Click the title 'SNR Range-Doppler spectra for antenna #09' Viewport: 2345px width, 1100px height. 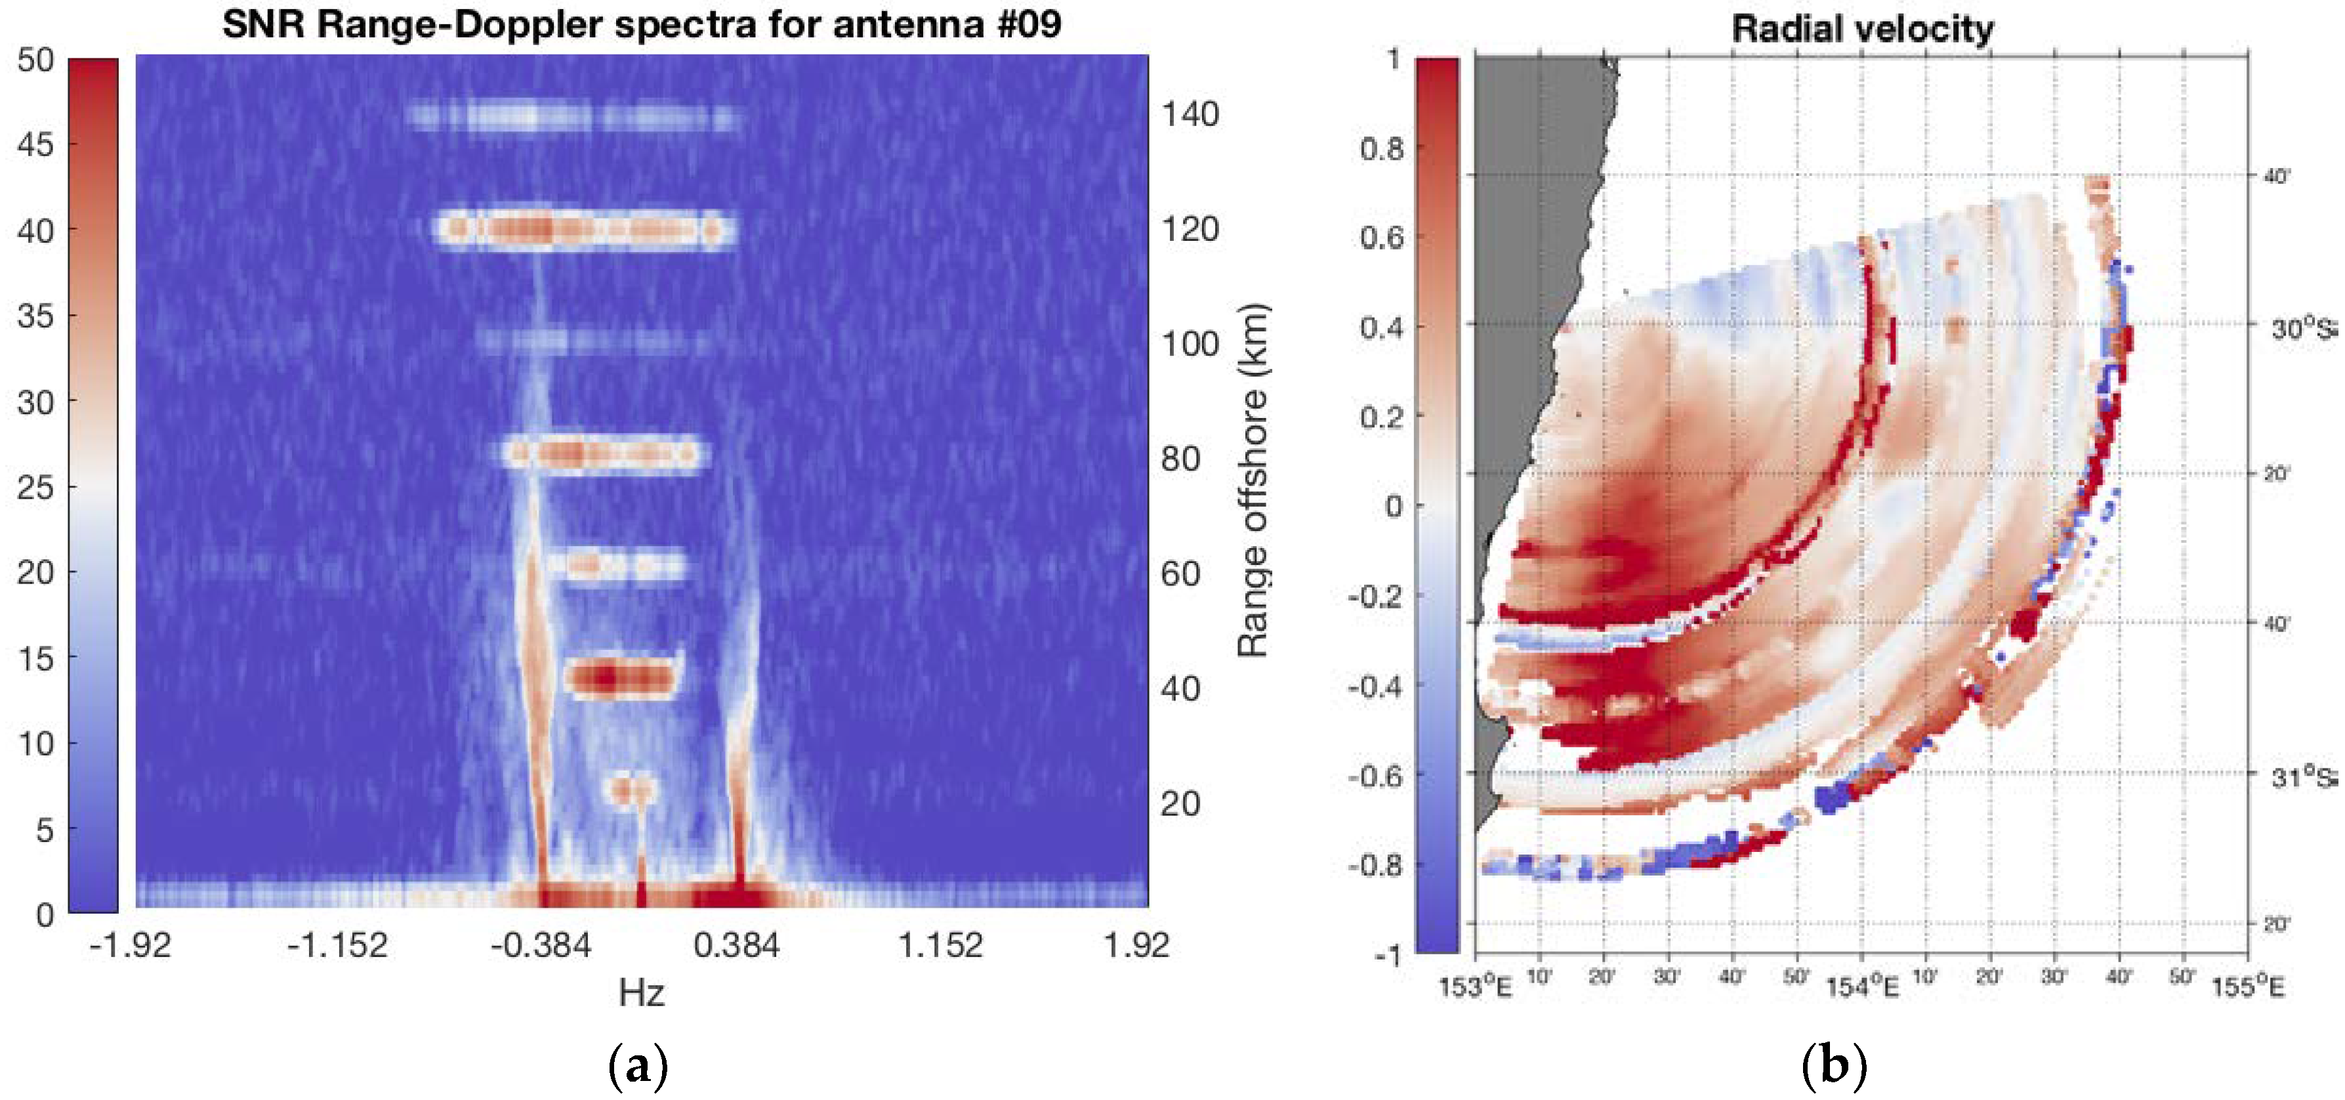641,24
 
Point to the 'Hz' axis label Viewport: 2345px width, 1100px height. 641,992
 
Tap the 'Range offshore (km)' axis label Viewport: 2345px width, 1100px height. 1253,480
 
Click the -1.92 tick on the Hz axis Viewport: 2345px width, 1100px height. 130,945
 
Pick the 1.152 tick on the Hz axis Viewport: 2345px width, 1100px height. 940,945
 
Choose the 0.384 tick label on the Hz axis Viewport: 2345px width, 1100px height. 736,945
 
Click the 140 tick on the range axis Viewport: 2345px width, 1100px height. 1190,115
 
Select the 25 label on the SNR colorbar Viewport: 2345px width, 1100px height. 35,487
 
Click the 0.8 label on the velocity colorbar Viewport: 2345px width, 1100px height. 1381,148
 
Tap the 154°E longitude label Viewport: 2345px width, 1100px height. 1863,987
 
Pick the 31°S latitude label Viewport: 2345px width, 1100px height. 2300,776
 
